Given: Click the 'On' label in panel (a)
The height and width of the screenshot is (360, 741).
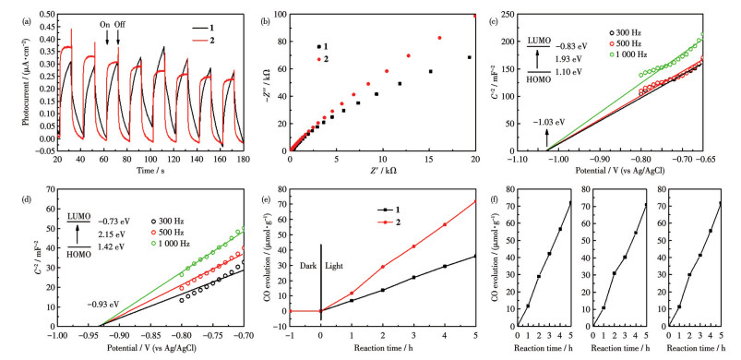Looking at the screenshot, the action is (x=105, y=24).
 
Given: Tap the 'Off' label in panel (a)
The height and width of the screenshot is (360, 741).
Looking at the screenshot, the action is (x=120, y=24).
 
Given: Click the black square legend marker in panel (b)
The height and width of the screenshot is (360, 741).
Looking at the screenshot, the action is (x=319, y=46).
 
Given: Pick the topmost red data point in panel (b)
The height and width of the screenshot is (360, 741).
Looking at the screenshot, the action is (x=475, y=16).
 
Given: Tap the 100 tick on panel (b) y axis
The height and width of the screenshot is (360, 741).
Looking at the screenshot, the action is (x=281, y=14).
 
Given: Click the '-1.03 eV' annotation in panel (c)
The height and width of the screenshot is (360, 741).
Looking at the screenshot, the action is (x=548, y=122).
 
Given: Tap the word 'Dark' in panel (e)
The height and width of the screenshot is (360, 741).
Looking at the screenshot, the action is (x=308, y=266).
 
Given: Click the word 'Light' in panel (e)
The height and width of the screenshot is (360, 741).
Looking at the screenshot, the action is (x=334, y=266).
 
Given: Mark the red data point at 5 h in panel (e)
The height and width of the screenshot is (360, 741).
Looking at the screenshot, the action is (x=475, y=202).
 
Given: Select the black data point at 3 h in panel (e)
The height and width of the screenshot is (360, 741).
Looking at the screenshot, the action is (x=413, y=277).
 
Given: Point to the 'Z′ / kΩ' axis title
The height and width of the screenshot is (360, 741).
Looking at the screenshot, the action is (x=383, y=169).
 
